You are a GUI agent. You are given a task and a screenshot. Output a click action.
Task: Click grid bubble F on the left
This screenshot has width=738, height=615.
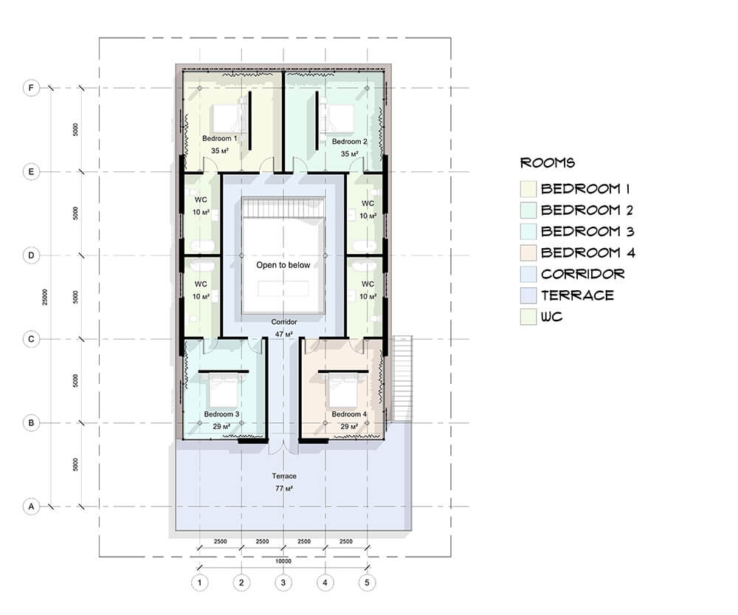[31, 88]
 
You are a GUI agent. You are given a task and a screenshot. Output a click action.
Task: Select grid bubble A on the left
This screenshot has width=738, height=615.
[31, 506]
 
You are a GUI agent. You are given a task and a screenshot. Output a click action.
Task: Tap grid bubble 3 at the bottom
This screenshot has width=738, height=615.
[283, 583]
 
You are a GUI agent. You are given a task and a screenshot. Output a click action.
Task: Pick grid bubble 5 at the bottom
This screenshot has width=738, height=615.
[367, 583]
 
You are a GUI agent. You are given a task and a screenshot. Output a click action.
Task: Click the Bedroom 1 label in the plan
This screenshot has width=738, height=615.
[220, 139]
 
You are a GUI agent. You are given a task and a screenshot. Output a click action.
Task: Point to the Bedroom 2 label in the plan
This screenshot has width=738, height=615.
[349, 141]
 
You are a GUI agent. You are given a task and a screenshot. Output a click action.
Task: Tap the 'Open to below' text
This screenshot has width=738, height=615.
[283, 265]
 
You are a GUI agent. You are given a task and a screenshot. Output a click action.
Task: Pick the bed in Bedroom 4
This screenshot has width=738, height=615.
[342, 391]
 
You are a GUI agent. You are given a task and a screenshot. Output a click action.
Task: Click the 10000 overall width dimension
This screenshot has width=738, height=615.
[283, 561]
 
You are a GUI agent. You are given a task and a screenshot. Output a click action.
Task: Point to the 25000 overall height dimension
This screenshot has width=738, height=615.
[45, 297]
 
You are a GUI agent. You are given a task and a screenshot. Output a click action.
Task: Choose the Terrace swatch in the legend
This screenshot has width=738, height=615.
[528, 295]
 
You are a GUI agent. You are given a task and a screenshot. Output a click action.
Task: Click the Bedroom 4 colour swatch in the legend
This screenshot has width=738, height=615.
[528, 253]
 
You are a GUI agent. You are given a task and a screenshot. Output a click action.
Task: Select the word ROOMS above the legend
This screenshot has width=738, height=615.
[548, 163]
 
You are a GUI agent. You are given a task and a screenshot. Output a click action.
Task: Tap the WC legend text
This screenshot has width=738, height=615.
[551, 317]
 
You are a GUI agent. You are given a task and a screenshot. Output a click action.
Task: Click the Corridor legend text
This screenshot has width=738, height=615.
[583, 274]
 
